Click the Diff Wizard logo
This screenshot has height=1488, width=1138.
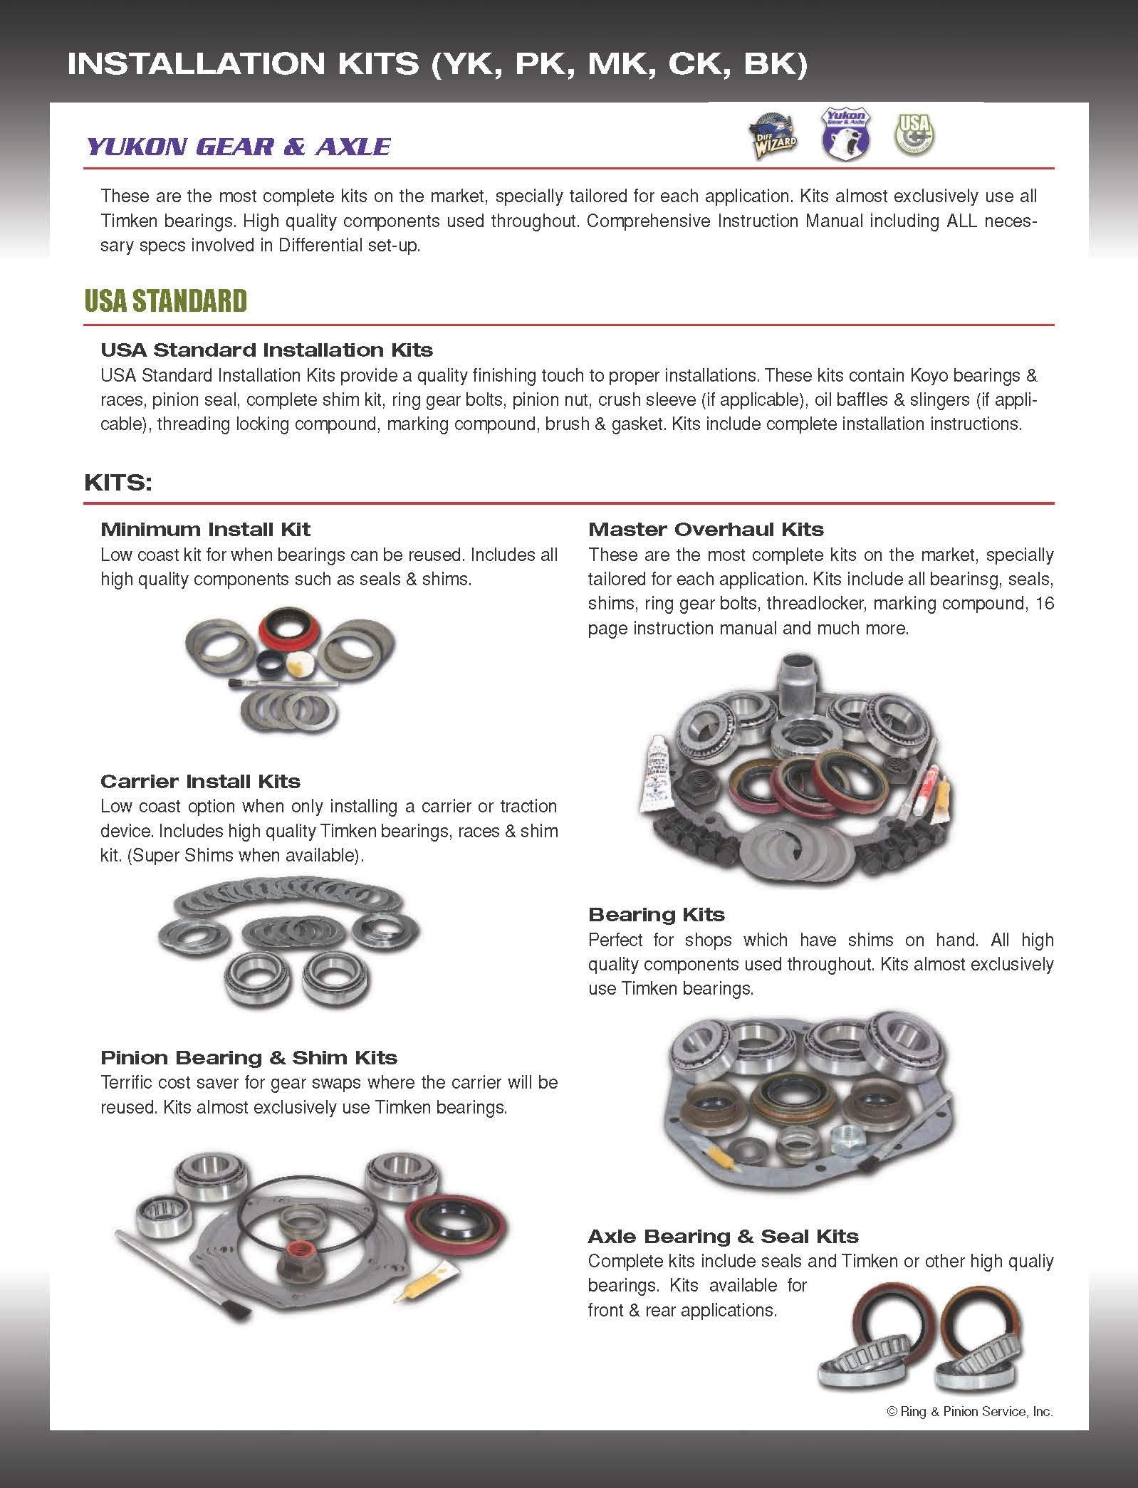772,135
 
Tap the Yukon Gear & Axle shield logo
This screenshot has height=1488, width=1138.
845,133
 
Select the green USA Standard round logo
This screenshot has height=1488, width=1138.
914,133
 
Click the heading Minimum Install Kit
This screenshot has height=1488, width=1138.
205,530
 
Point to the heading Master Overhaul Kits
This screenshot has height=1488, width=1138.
705,530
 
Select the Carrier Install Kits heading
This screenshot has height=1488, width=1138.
200,782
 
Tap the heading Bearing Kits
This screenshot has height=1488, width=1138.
656,915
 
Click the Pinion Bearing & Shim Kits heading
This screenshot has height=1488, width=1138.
249,1058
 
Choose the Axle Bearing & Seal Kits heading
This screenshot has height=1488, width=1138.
723,1237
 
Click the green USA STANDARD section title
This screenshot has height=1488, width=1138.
165,301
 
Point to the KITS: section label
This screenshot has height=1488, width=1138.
118,483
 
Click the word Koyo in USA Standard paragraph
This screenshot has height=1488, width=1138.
926,375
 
